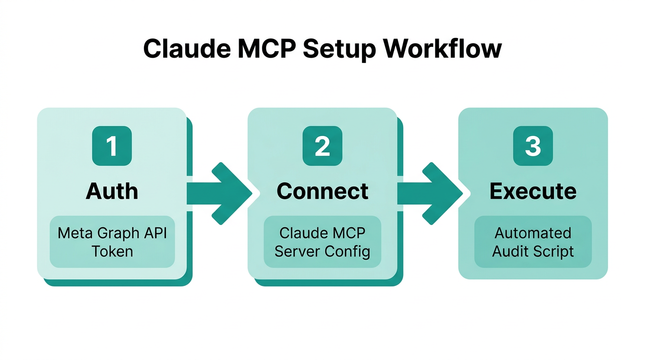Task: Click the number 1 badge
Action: [x=112, y=146]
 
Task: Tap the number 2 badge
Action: [x=322, y=146]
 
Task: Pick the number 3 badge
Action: [x=532, y=146]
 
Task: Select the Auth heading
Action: [x=112, y=191]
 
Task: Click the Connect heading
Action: [x=322, y=191]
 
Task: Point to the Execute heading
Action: [x=532, y=191]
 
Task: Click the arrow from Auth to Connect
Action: [x=218, y=193]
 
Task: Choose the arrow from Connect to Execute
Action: [x=429, y=193]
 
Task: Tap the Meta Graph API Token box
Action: [x=112, y=242]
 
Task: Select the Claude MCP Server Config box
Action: [x=322, y=242]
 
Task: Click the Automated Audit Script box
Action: [x=533, y=242]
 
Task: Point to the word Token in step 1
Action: [x=112, y=251]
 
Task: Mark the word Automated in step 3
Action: [x=533, y=233]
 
